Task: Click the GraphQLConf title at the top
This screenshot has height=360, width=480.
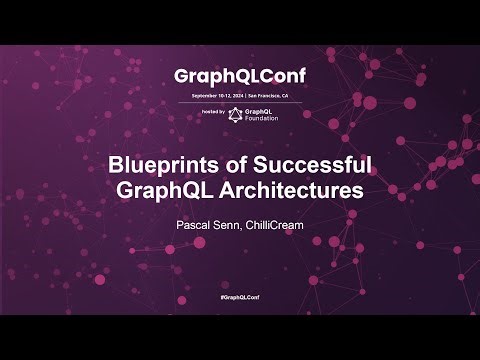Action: coord(239,76)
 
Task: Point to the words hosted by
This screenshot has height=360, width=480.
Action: coord(213,112)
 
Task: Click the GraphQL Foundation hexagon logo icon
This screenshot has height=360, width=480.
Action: coord(236,114)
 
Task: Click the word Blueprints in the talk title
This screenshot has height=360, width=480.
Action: coord(159,167)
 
